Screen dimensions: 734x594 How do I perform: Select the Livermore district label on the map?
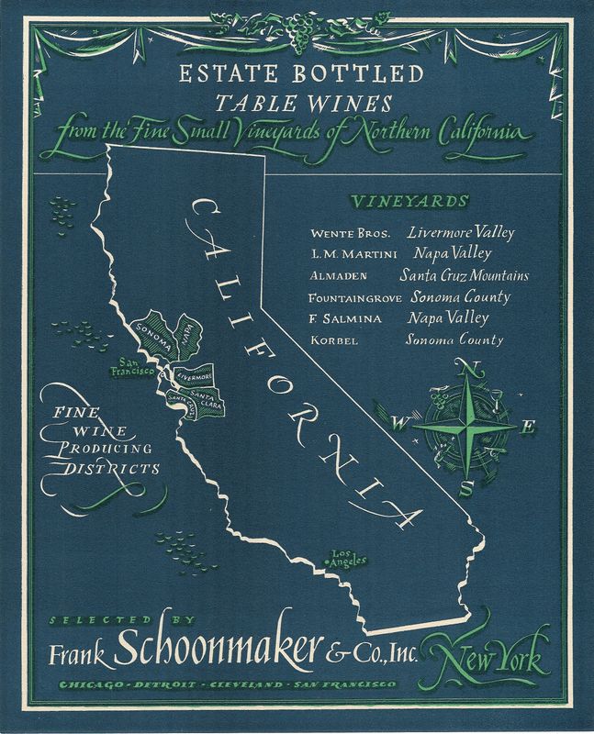pos(195,376)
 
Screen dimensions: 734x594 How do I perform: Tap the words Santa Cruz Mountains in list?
pos(464,275)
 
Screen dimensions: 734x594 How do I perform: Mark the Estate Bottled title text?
pos(296,73)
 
